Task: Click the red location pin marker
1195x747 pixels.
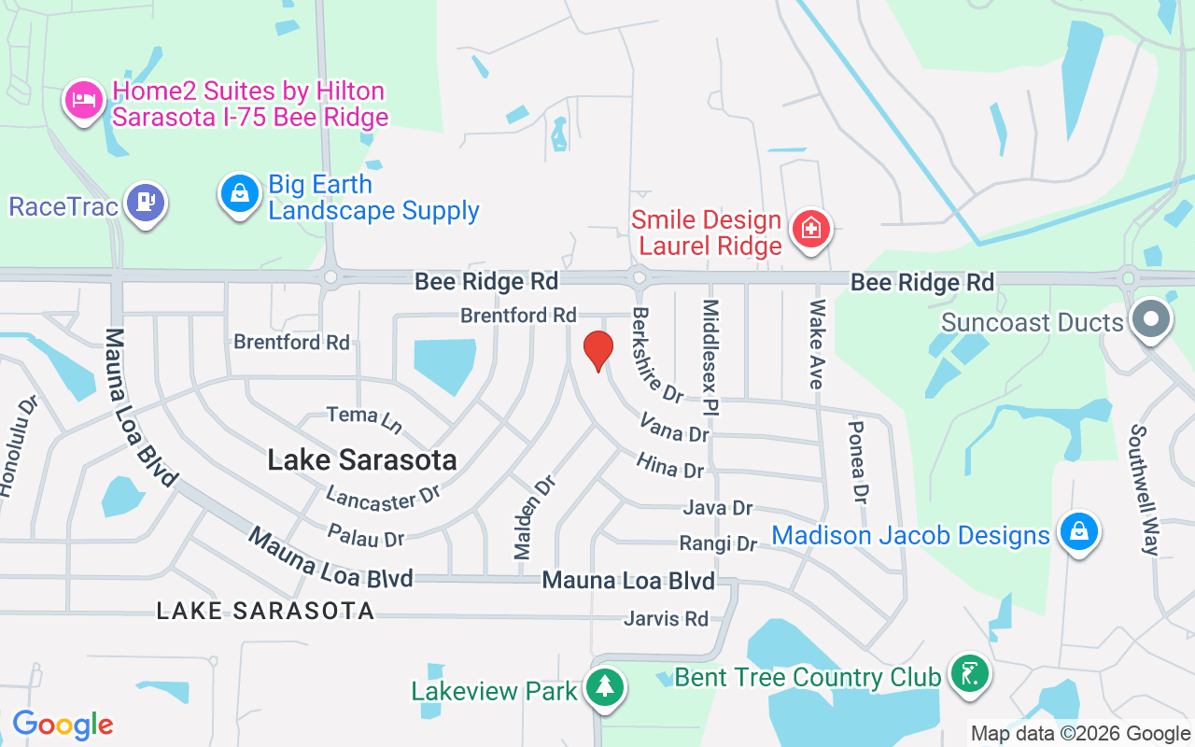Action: (x=597, y=350)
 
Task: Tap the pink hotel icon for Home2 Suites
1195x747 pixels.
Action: (x=84, y=100)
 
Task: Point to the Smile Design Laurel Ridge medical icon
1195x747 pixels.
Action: (x=810, y=230)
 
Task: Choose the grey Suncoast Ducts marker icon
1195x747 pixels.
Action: (x=1150, y=320)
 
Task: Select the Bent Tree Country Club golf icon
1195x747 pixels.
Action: (x=969, y=673)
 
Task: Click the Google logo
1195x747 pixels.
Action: (x=63, y=724)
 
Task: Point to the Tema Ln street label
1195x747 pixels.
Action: (x=364, y=419)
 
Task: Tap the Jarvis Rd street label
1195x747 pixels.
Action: (x=667, y=618)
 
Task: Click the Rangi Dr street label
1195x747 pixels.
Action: (x=718, y=543)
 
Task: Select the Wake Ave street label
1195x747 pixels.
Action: (x=817, y=344)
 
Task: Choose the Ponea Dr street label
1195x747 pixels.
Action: (x=858, y=460)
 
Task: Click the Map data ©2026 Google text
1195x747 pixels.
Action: (x=1080, y=734)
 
